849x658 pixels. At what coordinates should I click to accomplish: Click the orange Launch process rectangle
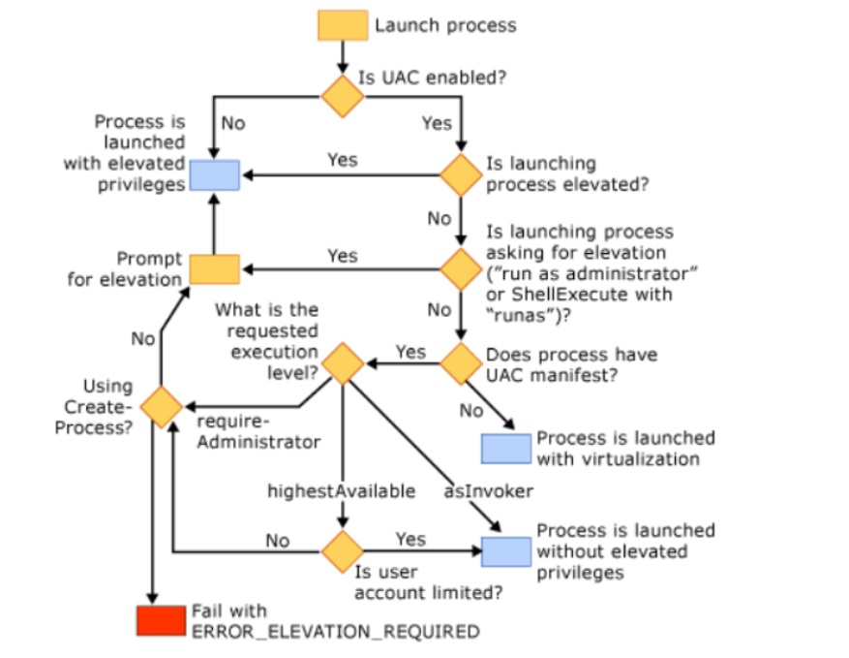click(x=343, y=25)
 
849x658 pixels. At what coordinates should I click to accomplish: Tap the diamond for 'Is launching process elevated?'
click(x=462, y=174)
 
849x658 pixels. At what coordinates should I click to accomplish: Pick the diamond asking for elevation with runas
click(x=462, y=267)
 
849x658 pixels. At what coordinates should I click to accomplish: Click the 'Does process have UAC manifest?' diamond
click(x=462, y=363)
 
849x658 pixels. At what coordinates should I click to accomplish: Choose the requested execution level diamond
click(x=343, y=363)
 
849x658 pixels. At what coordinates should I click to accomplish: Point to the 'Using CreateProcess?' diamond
click(x=161, y=406)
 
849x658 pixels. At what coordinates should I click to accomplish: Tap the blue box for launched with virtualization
click(x=506, y=449)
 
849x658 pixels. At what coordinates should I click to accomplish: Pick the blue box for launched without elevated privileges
click(x=506, y=551)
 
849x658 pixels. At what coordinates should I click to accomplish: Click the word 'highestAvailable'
click(x=341, y=491)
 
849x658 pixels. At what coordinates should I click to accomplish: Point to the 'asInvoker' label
click(x=488, y=491)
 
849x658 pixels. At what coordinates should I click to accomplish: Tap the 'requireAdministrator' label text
click(x=257, y=433)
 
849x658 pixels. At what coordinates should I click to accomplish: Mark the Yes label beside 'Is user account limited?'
click(x=410, y=539)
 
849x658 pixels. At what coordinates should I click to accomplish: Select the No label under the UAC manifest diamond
click(x=471, y=411)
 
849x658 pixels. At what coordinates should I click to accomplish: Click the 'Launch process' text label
click(x=445, y=25)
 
